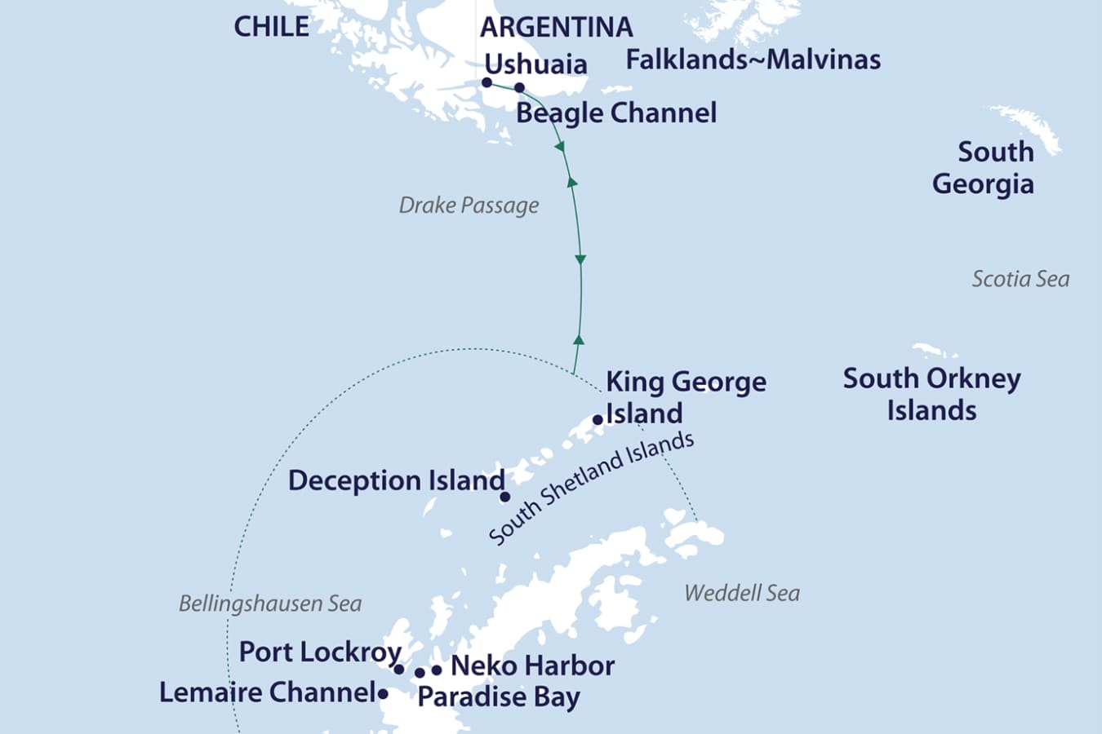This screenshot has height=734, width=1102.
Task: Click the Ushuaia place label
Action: point(535,64)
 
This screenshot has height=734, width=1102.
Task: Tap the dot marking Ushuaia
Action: point(487,82)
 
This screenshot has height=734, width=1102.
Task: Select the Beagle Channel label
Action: point(616,113)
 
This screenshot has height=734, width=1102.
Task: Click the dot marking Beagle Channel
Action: point(519,87)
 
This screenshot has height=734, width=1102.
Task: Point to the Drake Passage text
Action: point(469,205)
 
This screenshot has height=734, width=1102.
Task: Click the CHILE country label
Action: point(271,26)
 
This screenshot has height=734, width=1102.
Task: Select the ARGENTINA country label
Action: point(556,27)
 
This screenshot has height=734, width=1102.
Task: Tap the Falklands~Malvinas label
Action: point(753,60)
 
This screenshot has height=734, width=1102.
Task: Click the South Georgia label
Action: point(984,167)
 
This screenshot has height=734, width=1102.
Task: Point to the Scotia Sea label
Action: point(1020,279)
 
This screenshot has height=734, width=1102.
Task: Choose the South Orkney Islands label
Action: point(931,394)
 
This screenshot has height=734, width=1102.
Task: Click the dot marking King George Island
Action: point(598,420)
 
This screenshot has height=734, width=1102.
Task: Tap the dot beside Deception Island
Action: point(504,497)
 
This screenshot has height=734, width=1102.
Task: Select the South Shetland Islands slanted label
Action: point(591,488)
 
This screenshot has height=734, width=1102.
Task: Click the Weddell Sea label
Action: point(741,593)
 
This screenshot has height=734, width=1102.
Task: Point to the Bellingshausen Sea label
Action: point(269,604)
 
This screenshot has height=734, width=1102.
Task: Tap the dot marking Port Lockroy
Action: point(399,669)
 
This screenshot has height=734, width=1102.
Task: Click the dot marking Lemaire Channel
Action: point(383,694)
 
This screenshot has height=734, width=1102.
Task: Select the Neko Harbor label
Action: point(532,665)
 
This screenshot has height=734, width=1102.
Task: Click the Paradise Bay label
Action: point(498,697)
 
